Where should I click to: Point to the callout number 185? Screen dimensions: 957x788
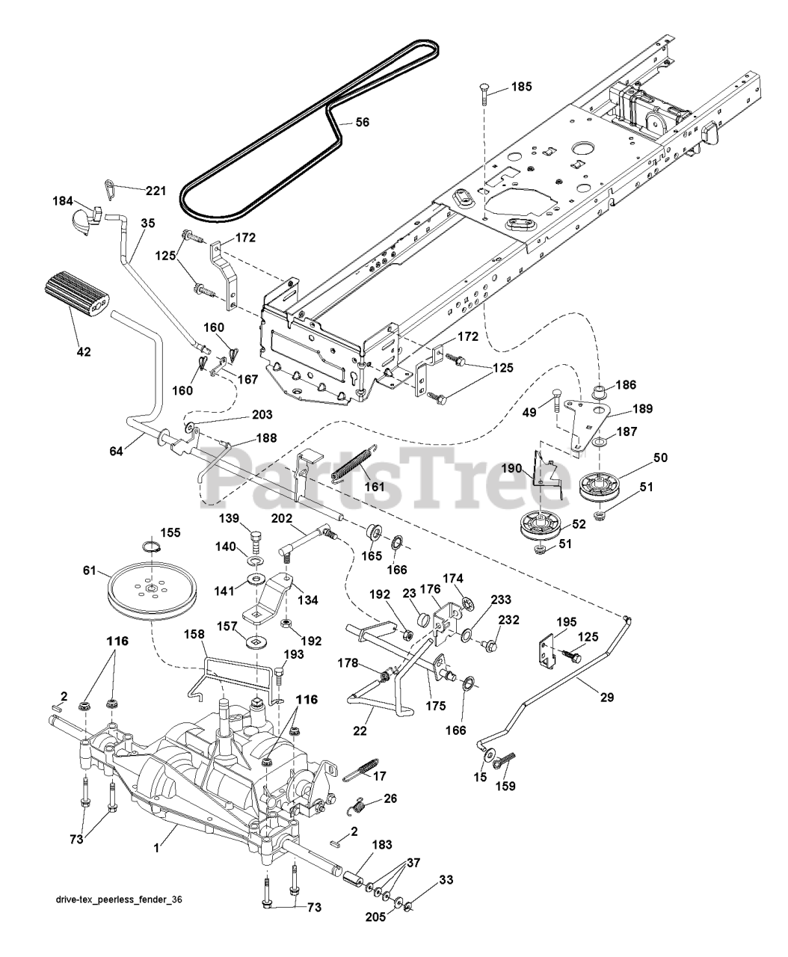(x=521, y=87)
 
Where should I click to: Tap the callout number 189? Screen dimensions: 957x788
(x=642, y=409)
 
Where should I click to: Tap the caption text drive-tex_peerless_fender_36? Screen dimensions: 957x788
(x=119, y=920)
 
